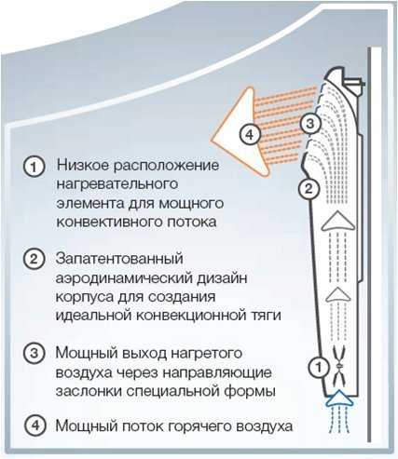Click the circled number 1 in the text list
[x=34, y=167]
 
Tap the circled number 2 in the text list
[x=34, y=259]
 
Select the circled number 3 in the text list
[x=34, y=353]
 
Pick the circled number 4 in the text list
[x=36, y=425]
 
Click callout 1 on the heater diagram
[x=319, y=368]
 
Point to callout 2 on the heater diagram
[x=309, y=189]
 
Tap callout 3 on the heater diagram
[x=310, y=124]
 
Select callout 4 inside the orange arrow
[x=250, y=135]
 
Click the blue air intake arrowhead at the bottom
[x=339, y=398]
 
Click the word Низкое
[x=83, y=165]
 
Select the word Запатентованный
[x=119, y=259]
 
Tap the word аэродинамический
[x=124, y=278]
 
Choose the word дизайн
[x=222, y=277]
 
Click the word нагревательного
[x=117, y=184]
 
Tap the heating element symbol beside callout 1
[x=339, y=366]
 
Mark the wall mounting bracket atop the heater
[x=353, y=83]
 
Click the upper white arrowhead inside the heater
[x=338, y=221]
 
